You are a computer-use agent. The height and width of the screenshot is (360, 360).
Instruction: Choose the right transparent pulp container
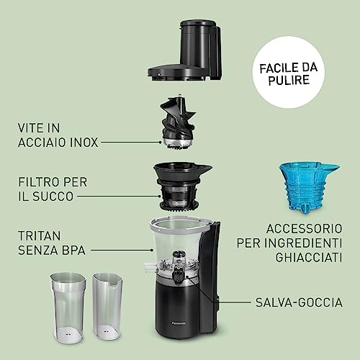(x=110, y=304)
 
